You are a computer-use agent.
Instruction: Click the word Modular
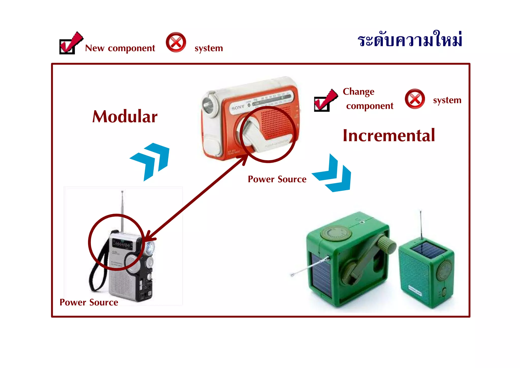point(125,117)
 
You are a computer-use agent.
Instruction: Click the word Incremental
point(389,136)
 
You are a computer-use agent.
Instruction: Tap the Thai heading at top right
point(410,40)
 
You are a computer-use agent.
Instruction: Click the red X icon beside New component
point(176,42)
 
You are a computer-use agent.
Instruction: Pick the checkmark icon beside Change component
point(325,100)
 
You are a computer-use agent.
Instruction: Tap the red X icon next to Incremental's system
point(415,99)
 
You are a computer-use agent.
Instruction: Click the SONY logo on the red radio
point(238,108)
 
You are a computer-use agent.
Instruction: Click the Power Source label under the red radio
point(277,179)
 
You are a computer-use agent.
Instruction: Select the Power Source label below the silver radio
point(89,302)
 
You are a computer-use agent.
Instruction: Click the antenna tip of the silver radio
point(122,192)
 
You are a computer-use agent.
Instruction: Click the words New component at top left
point(120,48)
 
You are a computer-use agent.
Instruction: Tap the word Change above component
point(358,92)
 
